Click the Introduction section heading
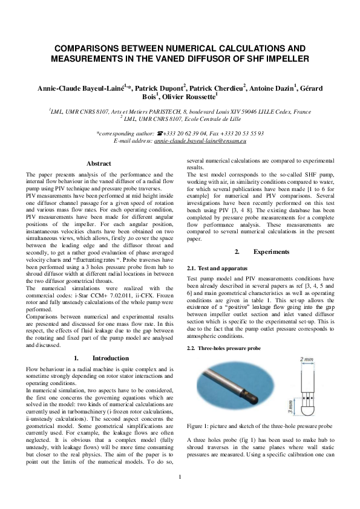pyautogui.click(x=106, y=358)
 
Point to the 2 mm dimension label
pyautogui.click(x=307, y=358)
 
